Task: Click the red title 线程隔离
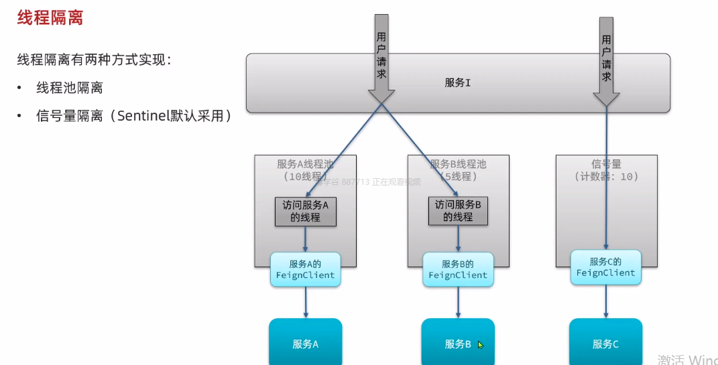point(50,18)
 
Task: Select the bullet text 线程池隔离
point(69,88)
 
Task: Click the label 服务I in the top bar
point(458,83)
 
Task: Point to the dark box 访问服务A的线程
point(305,211)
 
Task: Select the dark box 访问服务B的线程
point(458,211)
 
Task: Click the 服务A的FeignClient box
point(305,269)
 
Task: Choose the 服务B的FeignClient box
point(458,269)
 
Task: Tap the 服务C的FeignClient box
point(605,267)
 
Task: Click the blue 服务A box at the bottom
point(305,344)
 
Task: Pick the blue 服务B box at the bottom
point(458,344)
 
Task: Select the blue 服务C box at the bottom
point(605,344)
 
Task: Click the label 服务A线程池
point(305,164)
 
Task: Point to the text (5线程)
point(458,177)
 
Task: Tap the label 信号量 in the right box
point(606,164)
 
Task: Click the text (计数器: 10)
point(606,177)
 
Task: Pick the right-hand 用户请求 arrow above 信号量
point(606,60)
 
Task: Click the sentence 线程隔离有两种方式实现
point(94,60)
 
